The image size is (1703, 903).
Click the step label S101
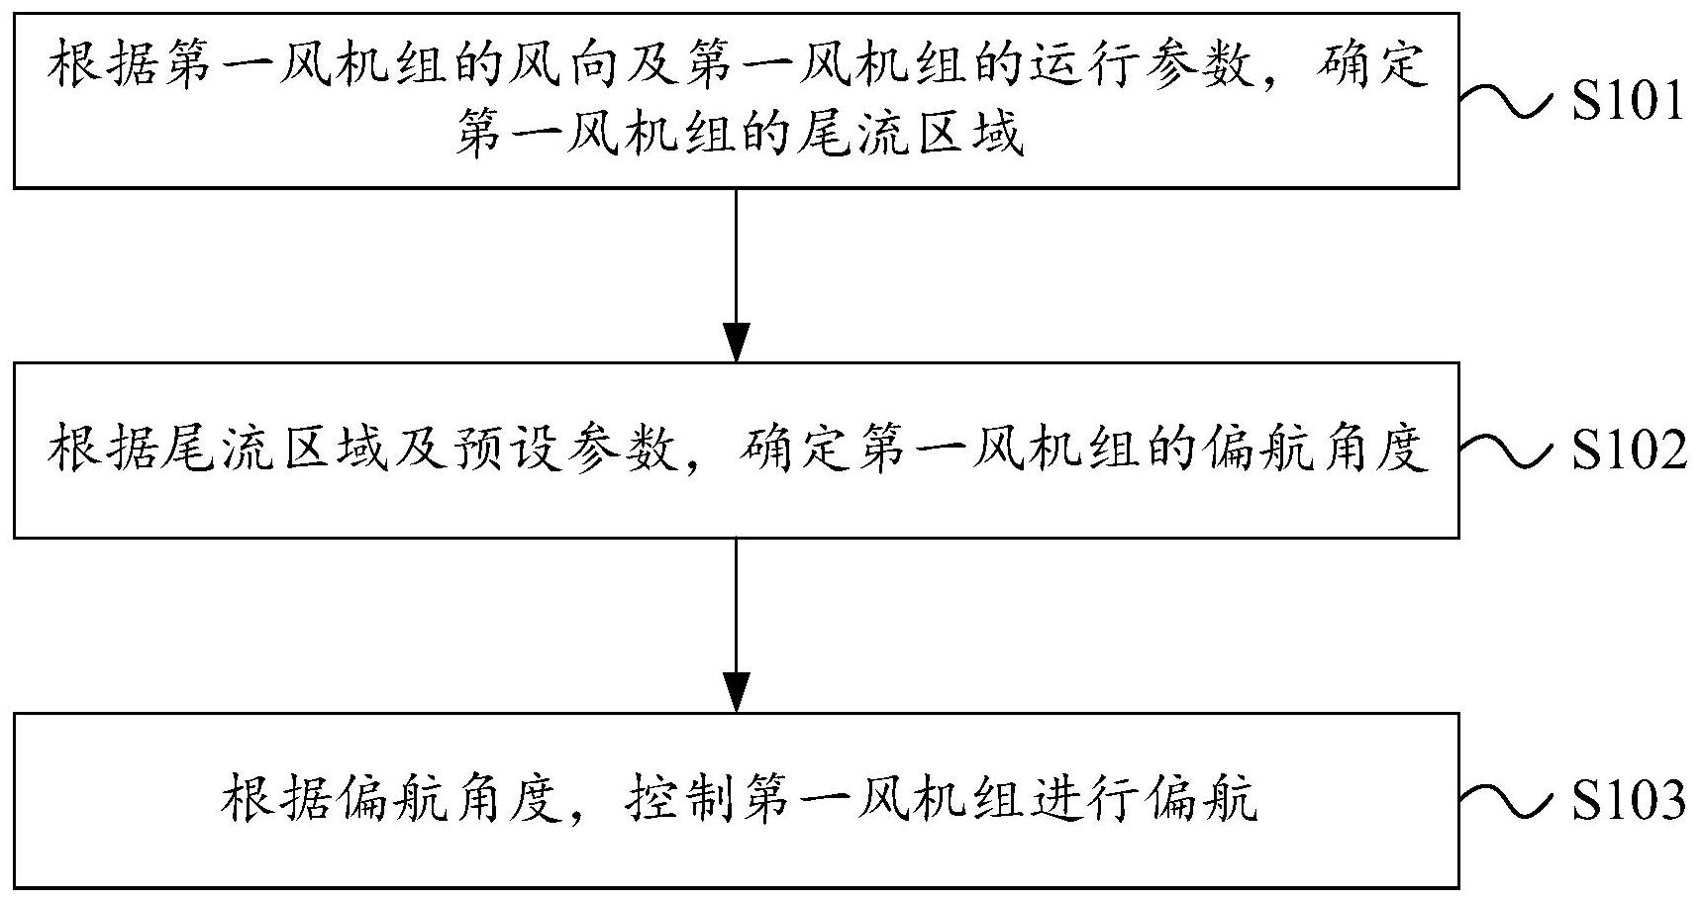(x=1628, y=101)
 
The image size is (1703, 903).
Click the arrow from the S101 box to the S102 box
(x=736, y=275)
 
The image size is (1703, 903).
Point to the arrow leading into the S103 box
(x=736, y=625)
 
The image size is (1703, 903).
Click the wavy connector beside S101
(x=1508, y=101)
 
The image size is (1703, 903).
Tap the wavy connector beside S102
(x=1508, y=451)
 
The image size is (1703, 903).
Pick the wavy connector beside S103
(x=1508, y=800)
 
